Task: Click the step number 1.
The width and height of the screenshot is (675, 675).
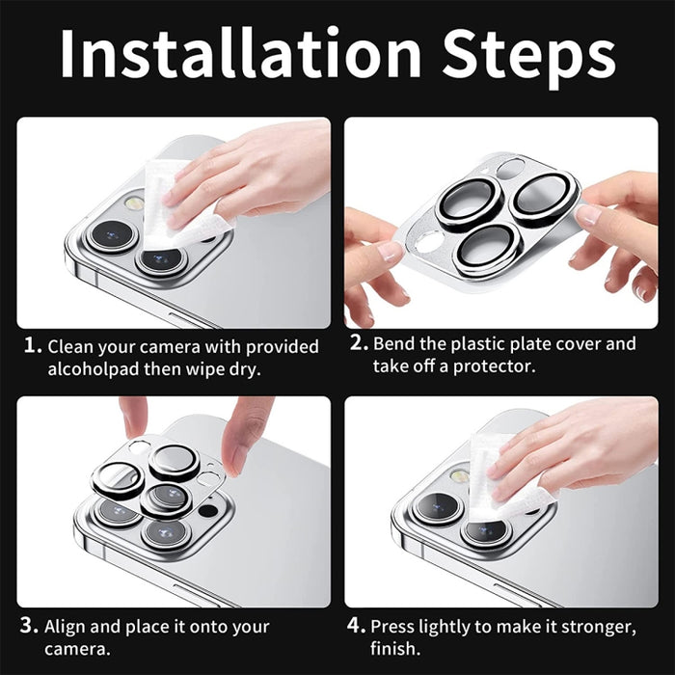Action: [33, 345]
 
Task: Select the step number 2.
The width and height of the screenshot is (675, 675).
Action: [359, 342]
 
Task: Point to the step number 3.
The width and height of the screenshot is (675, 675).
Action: [29, 626]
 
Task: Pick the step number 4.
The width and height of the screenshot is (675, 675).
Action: [357, 626]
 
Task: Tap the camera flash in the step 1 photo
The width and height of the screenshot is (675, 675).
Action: [134, 202]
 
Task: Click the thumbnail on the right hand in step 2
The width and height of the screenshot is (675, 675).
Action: [588, 214]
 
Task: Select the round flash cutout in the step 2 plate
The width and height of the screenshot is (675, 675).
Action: [430, 242]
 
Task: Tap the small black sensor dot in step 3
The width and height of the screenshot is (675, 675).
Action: [208, 511]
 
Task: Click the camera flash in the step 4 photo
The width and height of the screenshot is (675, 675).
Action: [459, 475]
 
